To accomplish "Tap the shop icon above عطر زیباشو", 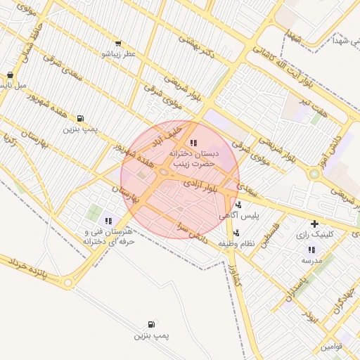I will tap(117, 43).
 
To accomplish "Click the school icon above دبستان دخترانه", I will tap(194, 143).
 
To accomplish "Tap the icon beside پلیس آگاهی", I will tap(239, 205).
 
